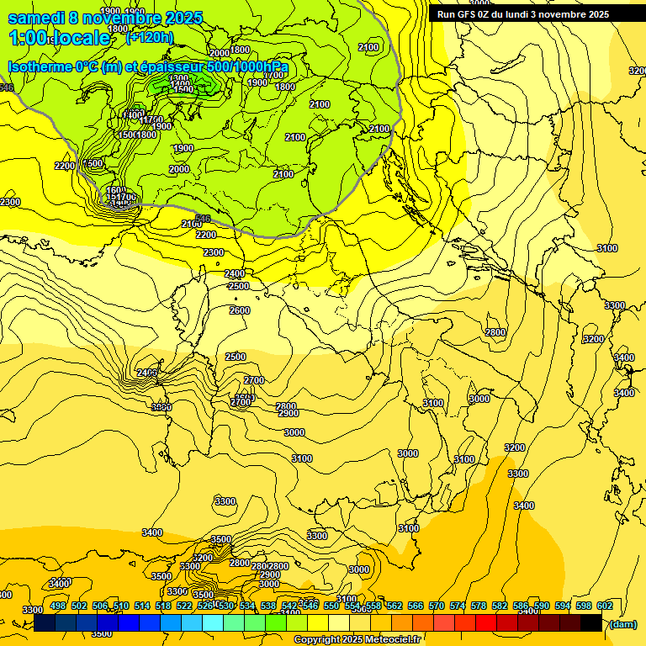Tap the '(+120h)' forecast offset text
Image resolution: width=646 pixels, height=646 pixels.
click(x=149, y=36)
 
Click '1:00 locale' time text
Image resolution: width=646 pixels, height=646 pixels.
click(x=59, y=38)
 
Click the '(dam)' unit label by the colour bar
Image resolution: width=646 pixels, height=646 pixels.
click(x=622, y=624)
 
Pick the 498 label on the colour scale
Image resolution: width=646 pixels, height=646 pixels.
click(x=58, y=606)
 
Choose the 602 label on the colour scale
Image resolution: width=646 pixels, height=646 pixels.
click(x=604, y=606)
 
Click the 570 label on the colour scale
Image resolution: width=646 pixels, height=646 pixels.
click(x=437, y=606)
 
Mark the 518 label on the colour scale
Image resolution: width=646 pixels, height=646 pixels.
click(x=163, y=606)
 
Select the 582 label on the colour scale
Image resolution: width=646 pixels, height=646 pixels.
click(x=500, y=606)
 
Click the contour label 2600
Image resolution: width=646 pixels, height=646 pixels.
click(x=240, y=310)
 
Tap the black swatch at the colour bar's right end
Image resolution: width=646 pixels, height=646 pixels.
click(x=591, y=623)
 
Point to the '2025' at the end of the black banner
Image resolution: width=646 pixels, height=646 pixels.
click(x=598, y=14)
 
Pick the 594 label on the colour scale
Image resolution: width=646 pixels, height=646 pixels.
click(x=563, y=606)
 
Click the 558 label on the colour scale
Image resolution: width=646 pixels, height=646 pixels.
click(x=373, y=606)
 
